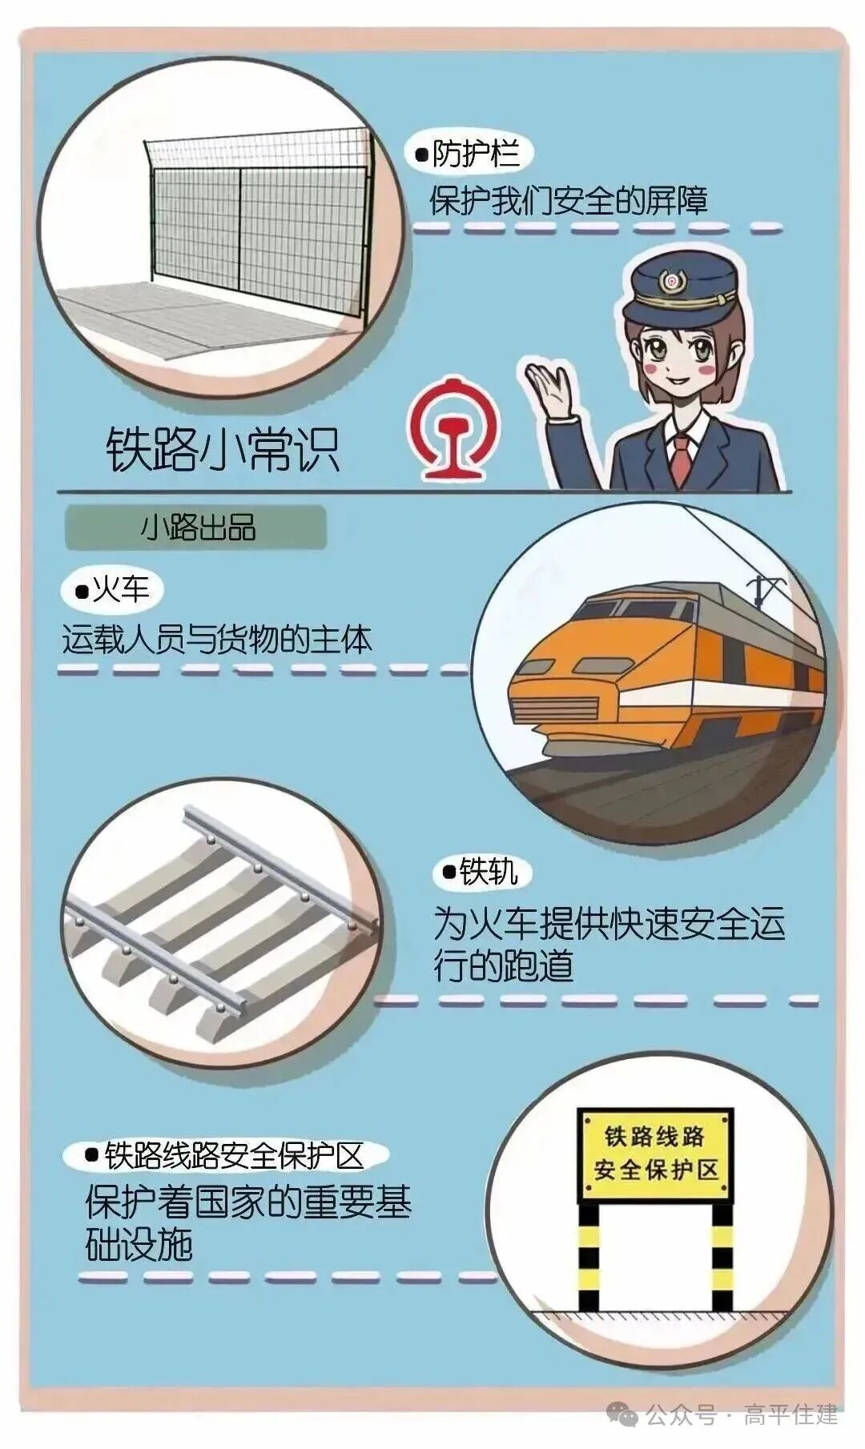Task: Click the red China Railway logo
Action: point(448,427)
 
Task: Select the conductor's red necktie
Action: point(682,460)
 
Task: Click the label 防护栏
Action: point(477,153)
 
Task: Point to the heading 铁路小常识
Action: point(223,449)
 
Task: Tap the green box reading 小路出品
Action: point(196,528)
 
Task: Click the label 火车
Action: point(122,591)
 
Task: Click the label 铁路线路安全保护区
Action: point(234,1155)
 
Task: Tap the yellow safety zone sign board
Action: point(655,1154)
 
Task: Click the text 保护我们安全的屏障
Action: point(569,200)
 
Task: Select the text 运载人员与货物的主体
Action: point(217,640)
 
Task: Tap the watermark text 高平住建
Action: point(791,1415)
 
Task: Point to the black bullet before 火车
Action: point(81,592)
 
